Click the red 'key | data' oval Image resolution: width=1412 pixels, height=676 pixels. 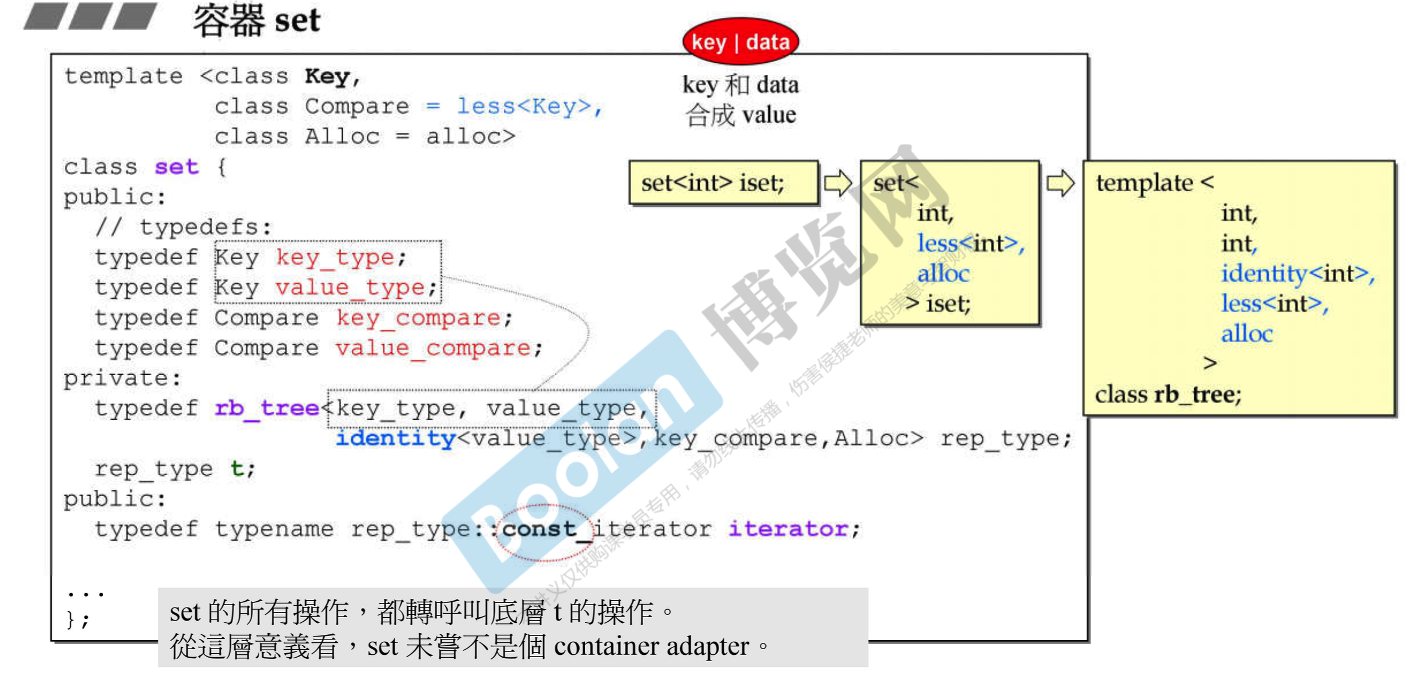point(740,42)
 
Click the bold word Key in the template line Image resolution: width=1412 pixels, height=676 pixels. point(327,77)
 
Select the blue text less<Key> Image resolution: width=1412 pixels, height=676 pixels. point(524,106)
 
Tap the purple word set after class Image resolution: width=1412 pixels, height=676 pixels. point(176,167)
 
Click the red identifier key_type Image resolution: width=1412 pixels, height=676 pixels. point(335,257)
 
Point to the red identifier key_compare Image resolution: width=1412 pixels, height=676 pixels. point(418,318)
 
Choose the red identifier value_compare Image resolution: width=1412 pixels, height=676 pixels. point(433,348)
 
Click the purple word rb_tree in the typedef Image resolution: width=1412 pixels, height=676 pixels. point(267,408)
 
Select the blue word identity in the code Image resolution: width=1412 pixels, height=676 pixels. point(395,438)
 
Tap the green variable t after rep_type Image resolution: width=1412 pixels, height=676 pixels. point(238,469)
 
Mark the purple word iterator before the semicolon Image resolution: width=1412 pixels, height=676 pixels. point(788,529)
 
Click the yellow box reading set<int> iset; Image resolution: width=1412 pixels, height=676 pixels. point(723,183)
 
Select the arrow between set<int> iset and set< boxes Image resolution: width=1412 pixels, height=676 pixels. point(838,183)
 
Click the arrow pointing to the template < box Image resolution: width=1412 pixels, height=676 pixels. point(1060,183)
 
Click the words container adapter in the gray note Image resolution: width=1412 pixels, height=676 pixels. point(651,647)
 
